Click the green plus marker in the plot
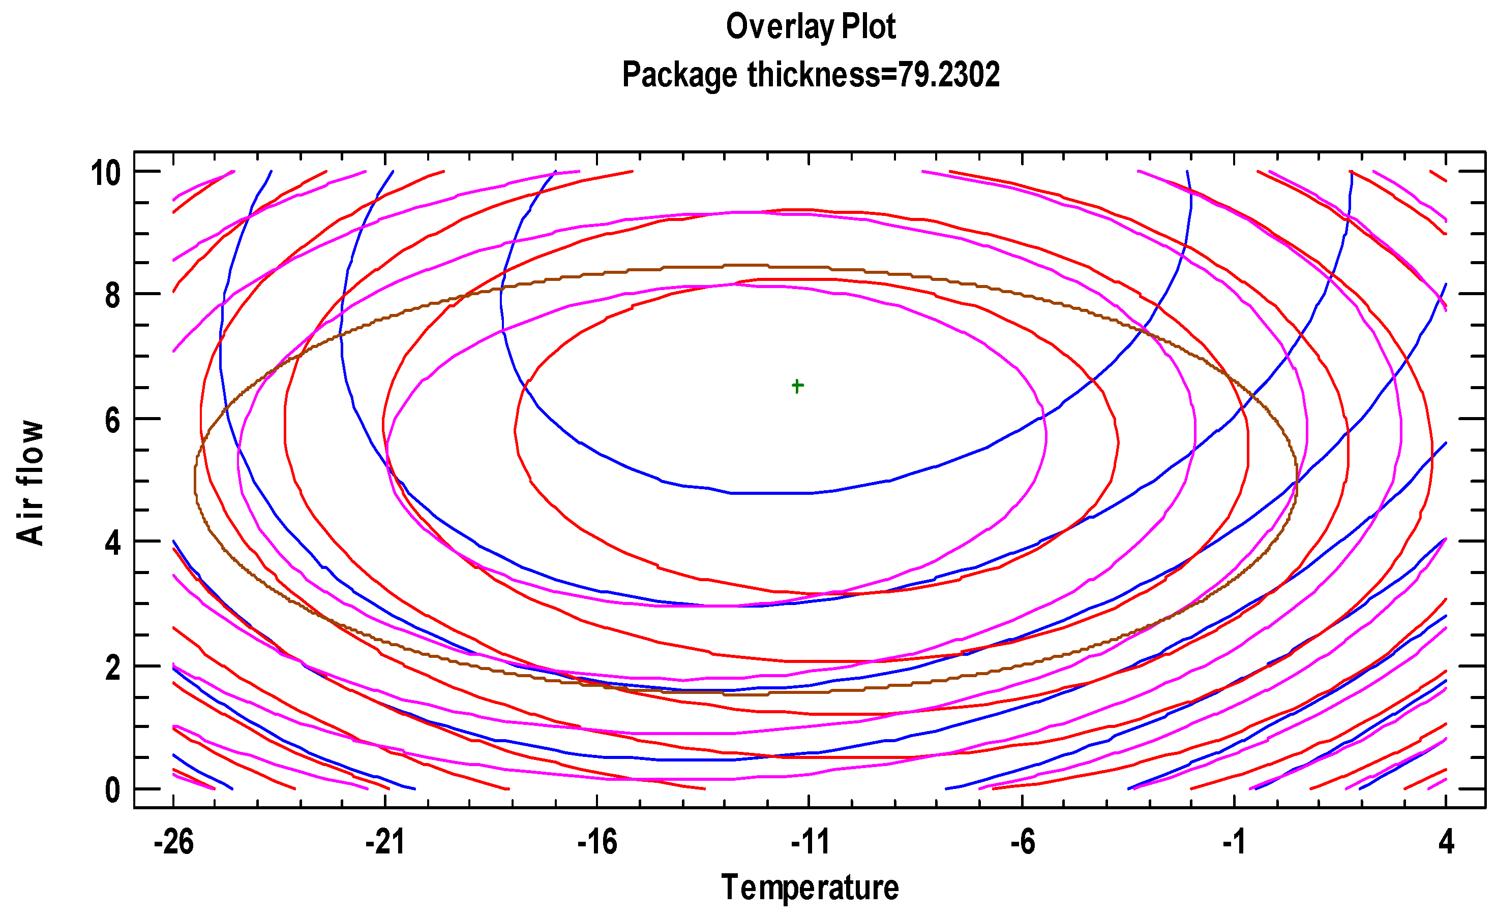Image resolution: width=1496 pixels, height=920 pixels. click(x=797, y=386)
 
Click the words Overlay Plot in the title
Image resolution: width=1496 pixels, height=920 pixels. click(x=811, y=27)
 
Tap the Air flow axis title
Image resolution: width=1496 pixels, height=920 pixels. click(x=30, y=482)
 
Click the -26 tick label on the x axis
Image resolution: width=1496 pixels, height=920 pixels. click(x=173, y=843)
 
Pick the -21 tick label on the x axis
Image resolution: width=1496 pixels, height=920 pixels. click(x=385, y=843)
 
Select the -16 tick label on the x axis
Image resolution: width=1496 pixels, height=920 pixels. click(x=596, y=843)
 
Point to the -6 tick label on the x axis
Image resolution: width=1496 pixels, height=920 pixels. click(x=1022, y=843)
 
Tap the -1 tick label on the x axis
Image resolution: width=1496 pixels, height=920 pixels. click(x=1234, y=843)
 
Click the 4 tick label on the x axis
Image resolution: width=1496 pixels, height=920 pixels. click(x=1446, y=843)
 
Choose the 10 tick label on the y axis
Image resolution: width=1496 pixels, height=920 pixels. click(x=105, y=173)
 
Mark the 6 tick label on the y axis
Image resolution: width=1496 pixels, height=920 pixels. click(x=113, y=421)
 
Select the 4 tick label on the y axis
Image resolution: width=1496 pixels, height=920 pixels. click(x=113, y=544)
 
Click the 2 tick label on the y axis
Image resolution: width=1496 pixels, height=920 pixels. click(x=113, y=668)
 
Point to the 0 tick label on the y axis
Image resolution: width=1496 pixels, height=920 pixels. click(x=113, y=790)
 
